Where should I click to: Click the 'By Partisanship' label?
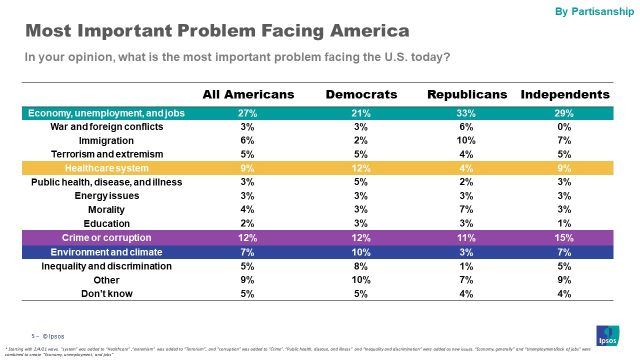click(594, 11)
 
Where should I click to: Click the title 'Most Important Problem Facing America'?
click(217, 31)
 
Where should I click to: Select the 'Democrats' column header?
click(361, 94)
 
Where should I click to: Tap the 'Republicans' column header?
click(467, 94)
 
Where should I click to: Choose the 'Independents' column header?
click(565, 94)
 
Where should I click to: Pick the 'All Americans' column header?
click(248, 94)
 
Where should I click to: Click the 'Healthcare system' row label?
click(106, 168)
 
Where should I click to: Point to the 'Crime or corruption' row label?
click(106, 237)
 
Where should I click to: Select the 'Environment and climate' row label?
click(106, 252)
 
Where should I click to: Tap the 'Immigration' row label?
click(106, 140)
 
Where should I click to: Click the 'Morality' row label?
click(106, 209)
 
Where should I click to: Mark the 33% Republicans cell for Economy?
click(466, 113)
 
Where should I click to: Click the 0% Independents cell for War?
click(564, 127)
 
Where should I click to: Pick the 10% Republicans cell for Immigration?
click(466, 140)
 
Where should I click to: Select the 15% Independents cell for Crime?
click(564, 237)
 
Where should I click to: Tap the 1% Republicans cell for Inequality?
click(466, 266)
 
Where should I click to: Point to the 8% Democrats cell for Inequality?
click(361, 266)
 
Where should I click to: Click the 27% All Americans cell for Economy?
click(247, 113)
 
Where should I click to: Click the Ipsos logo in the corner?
click(607, 335)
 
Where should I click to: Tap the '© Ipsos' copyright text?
click(53, 336)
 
